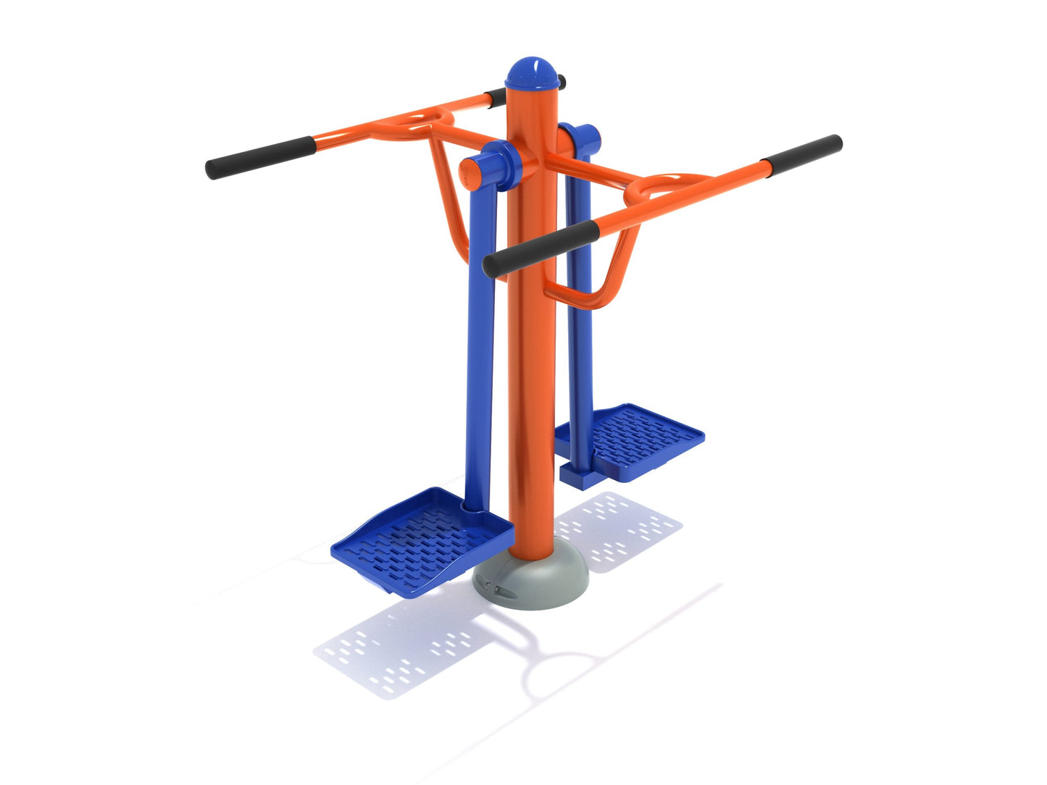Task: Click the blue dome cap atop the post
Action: (x=534, y=73)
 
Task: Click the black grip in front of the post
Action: (x=541, y=248)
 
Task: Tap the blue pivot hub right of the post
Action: (x=580, y=138)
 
